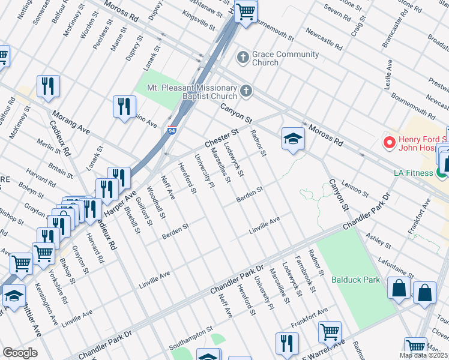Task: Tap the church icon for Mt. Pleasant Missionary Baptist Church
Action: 245,92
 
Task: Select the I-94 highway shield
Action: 172,130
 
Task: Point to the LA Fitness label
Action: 414,173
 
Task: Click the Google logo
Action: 20,353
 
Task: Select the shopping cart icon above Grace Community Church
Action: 245,11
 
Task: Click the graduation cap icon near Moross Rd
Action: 293,139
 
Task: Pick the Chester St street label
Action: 221,137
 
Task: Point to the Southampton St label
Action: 191,338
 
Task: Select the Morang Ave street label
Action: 71,124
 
